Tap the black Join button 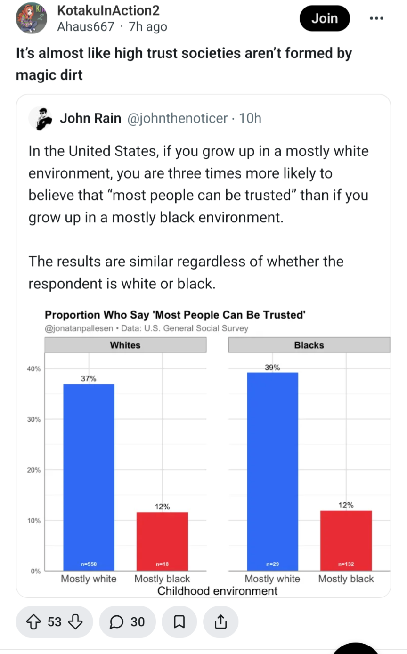coord(325,18)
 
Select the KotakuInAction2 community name coord(108,11)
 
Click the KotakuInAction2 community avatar coord(32,18)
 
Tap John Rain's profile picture coord(41,118)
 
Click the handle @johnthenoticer coord(177,118)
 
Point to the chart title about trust coord(175,315)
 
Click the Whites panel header coord(125,345)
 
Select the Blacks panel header coord(309,345)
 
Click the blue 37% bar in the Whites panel coord(89,476)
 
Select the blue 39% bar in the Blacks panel coord(272,471)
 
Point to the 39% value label coord(272,368)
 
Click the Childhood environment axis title coord(217,591)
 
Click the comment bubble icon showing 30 coord(116,622)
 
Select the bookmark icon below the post coord(179,622)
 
